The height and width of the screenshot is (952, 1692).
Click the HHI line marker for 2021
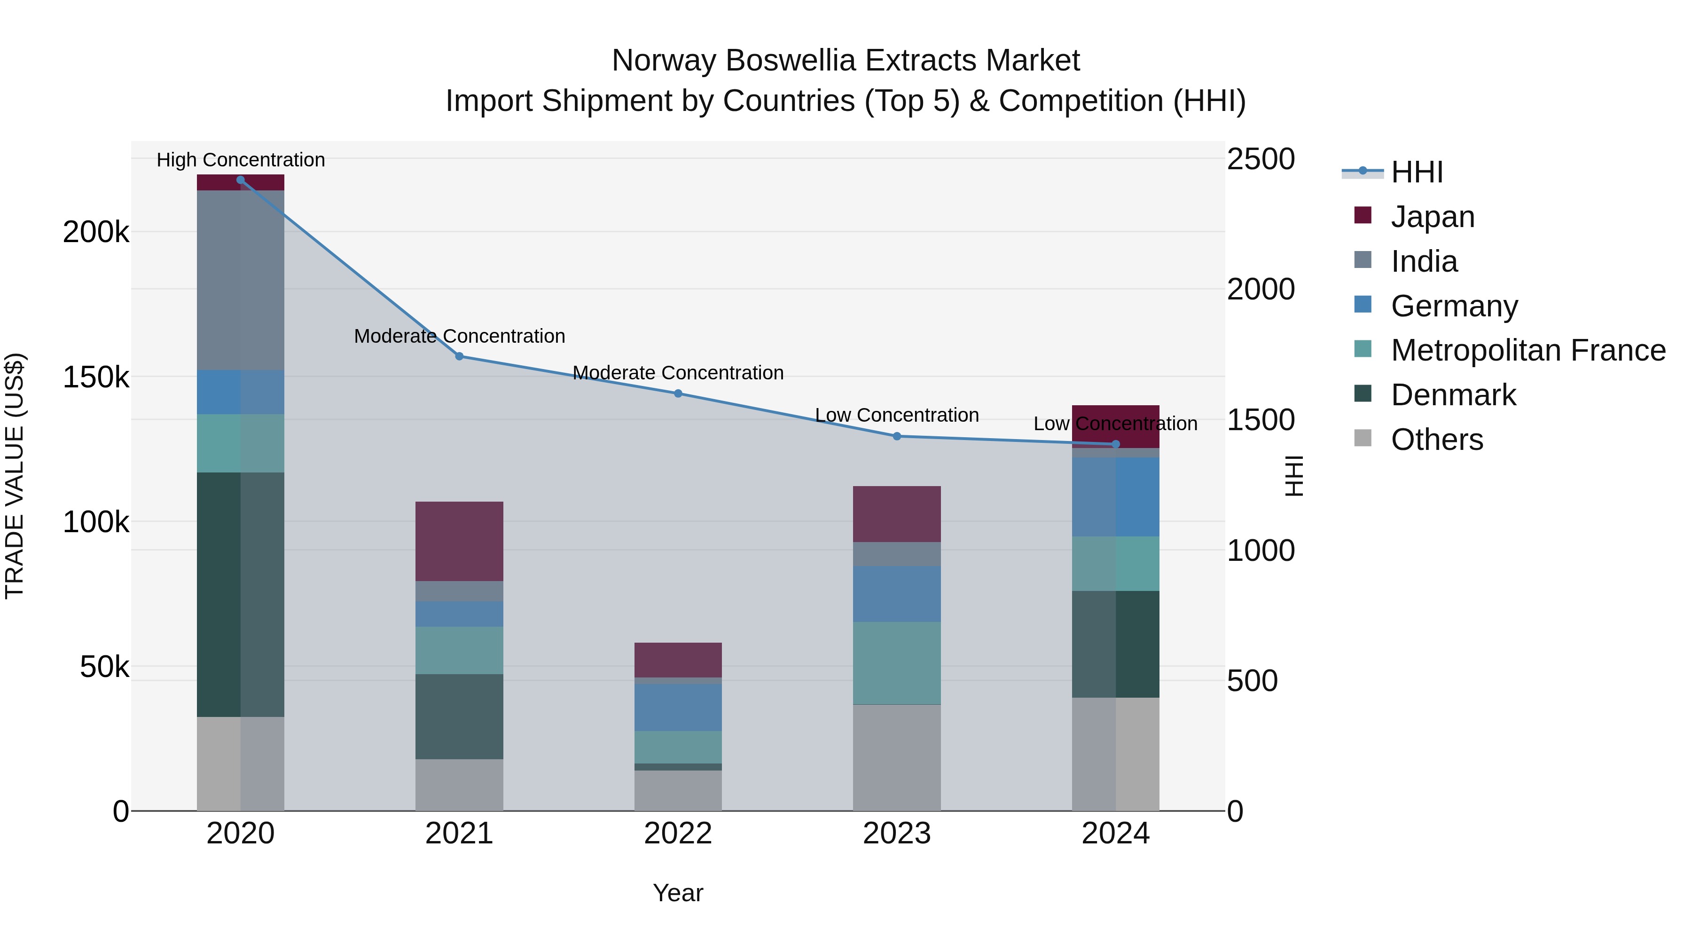point(459,356)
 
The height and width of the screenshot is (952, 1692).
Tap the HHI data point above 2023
point(897,436)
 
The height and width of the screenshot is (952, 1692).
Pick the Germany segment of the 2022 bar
point(678,707)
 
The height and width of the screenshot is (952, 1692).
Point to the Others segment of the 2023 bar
point(897,757)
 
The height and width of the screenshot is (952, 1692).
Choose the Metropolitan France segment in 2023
point(897,662)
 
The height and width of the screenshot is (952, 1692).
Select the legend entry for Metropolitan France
point(1528,350)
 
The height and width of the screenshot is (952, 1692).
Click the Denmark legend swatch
point(1363,394)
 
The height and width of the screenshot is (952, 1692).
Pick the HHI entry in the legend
point(1417,172)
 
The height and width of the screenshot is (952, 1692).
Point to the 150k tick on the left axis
point(96,378)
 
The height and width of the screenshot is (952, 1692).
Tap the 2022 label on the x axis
point(678,834)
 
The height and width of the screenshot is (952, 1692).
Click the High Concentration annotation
point(240,160)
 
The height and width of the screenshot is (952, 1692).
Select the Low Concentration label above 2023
point(897,415)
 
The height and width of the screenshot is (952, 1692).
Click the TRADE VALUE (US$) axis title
point(15,476)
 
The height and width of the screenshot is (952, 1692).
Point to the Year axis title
point(678,893)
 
